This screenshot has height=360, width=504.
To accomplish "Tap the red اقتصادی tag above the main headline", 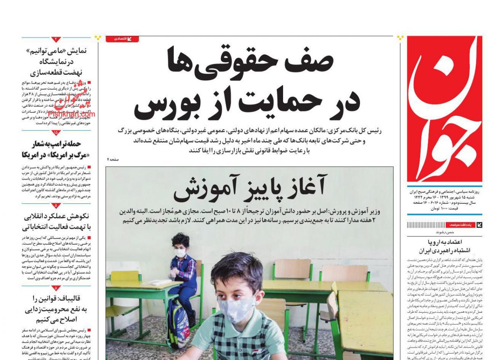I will tap(122, 39).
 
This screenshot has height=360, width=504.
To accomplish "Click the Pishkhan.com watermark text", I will tap(72, 114).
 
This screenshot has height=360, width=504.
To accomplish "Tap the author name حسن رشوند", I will tap(445, 232).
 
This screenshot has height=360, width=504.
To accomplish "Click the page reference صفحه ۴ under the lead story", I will tap(113, 160).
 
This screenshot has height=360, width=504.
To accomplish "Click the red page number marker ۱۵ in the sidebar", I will tap(56, 132).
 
